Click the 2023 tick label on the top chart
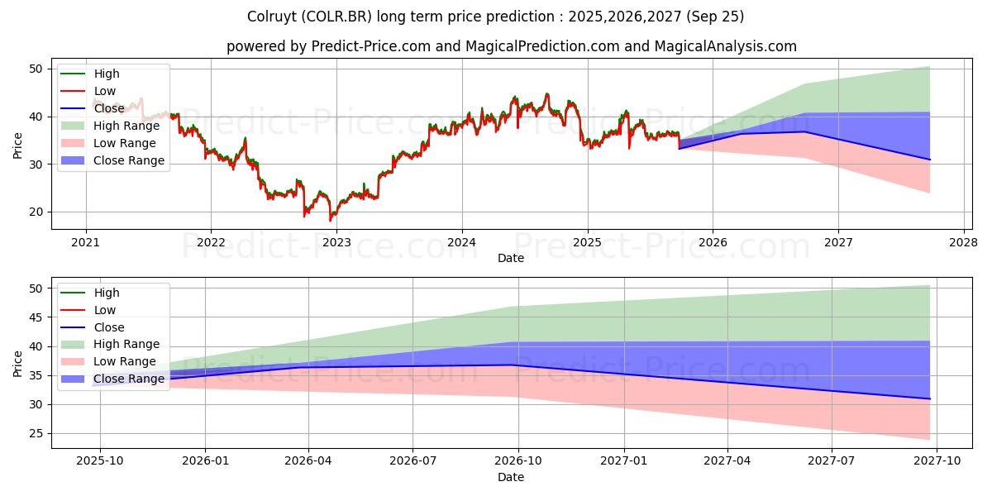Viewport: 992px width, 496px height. click(x=336, y=242)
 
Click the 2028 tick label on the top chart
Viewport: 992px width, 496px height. click(x=964, y=242)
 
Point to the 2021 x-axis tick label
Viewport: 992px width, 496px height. click(x=85, y=242)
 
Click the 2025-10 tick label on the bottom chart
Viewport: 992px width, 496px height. click(x=100, y=461)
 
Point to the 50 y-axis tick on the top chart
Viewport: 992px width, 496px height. click(x=36, y=69)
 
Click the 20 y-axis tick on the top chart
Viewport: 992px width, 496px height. click(x=36, y=212)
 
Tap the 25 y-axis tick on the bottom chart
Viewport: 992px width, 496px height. click(x=36, y=433)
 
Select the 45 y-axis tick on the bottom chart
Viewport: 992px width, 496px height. click(x=36, y=317)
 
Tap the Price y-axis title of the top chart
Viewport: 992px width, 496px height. click(x=18, y=144)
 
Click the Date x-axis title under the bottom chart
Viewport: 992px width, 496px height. click(x=510, y=477)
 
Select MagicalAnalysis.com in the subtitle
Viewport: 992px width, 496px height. click(x=725, y=46)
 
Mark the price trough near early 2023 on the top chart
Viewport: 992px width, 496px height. click(x=331, y=220)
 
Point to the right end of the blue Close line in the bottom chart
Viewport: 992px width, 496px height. click(x=930, y=399)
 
